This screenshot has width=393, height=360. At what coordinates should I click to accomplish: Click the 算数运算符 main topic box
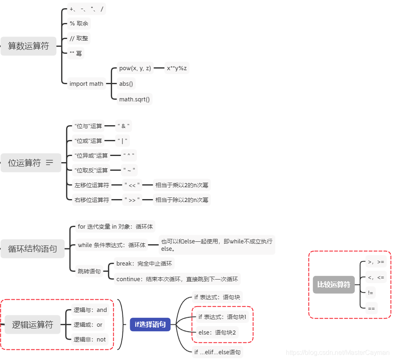point(28,46)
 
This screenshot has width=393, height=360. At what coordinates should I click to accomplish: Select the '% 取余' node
point(79,23)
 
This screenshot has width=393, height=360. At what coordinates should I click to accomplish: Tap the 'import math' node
point(86,84)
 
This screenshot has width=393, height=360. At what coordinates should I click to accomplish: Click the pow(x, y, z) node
point(135,68)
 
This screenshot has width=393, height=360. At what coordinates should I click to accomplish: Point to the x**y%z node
point(177,68)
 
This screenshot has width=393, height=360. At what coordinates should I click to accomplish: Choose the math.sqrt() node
point(134,99)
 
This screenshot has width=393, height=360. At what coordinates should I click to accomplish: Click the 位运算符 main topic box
point(25,163)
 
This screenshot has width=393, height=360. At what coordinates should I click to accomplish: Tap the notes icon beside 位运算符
point(50,163)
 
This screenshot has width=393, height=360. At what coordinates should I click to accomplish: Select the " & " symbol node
point(124,126)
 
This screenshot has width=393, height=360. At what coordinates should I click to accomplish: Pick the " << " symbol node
point(132,185)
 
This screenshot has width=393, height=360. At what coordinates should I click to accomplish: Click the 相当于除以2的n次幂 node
point(182,200)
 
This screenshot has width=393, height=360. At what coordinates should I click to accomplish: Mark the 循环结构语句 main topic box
point(32,249)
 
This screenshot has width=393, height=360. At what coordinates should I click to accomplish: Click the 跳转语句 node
point(89,271)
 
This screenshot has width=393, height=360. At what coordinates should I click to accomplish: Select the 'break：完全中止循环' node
point(144,264)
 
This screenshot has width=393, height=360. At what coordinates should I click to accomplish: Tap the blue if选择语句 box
point(150,325)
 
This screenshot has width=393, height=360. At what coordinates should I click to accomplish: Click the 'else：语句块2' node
point(217,332)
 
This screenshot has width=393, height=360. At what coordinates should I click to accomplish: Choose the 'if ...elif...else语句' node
point(217,352)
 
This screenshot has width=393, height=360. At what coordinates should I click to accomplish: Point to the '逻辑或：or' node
point(88,325)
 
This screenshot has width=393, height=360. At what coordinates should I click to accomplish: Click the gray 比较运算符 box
point(333,284)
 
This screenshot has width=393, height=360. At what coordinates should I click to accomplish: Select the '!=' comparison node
point(371,293)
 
